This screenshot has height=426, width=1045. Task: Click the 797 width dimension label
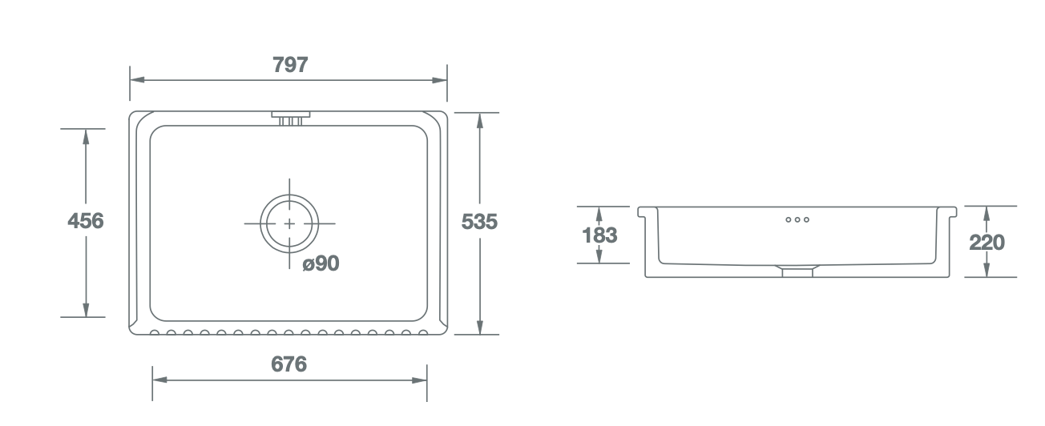click(290, 65)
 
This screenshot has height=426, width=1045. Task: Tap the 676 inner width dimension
click(288, 364)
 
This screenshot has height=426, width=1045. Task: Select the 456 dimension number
click(86, 220)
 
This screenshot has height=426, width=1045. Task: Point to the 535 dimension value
click(479, 222)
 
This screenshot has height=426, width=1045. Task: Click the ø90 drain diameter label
click(321, 263)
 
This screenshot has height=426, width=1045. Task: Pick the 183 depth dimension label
click(599, 235)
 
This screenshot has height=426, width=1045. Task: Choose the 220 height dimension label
click(986, 243)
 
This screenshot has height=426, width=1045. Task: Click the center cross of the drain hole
click(289, 223)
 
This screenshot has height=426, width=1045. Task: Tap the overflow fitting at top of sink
click(291, 118)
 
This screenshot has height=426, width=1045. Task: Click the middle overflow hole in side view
click(797, 219)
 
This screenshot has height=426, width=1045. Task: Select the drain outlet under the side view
click(797, 271)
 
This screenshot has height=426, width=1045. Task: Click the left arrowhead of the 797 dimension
click(137, 80)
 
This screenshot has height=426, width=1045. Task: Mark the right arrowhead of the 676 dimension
click(419, 380)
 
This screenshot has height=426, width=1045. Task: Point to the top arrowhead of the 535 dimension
click(479, 120)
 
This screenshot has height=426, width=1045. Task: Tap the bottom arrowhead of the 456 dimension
click(86, 310)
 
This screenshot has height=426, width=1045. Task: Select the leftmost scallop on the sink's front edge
click(155, 333)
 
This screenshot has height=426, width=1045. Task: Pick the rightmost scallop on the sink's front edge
click(423, 333)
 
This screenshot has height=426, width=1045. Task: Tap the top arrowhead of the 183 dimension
click(599, 214)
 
